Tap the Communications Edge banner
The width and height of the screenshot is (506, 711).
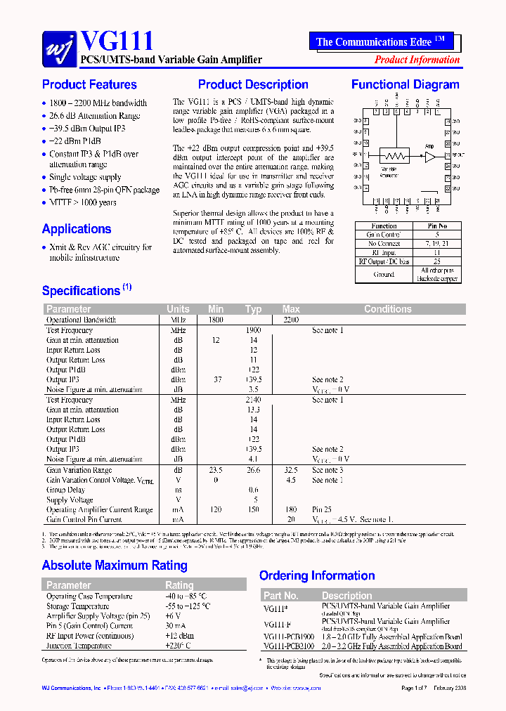(x=380, y=41)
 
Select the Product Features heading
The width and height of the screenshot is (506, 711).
(x=89, y=85)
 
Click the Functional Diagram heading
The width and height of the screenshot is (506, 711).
(x=405, y=85)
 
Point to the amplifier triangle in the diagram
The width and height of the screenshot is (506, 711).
(x=429, y=157)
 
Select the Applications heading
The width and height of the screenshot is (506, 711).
(x=77, y=229)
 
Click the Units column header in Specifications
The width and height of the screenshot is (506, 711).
(x=178, y=309)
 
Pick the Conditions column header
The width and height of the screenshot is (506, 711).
(x=387, y=309)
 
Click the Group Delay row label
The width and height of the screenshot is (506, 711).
(x=66, y=490)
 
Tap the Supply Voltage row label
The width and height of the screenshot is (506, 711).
(x=70, y=500)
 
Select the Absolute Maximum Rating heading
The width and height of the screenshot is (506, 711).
(x=115, y=566)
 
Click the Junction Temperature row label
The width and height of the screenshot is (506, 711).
(x=79, y=646)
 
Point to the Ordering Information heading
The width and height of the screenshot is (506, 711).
(x=317, y=576)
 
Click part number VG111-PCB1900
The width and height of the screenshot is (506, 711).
(x=289, y=637)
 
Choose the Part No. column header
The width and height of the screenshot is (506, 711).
(x=281, y=596)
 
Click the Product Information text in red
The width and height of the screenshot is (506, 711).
(x=417, y=60)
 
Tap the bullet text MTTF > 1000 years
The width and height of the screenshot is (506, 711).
(x=82, y=203)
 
